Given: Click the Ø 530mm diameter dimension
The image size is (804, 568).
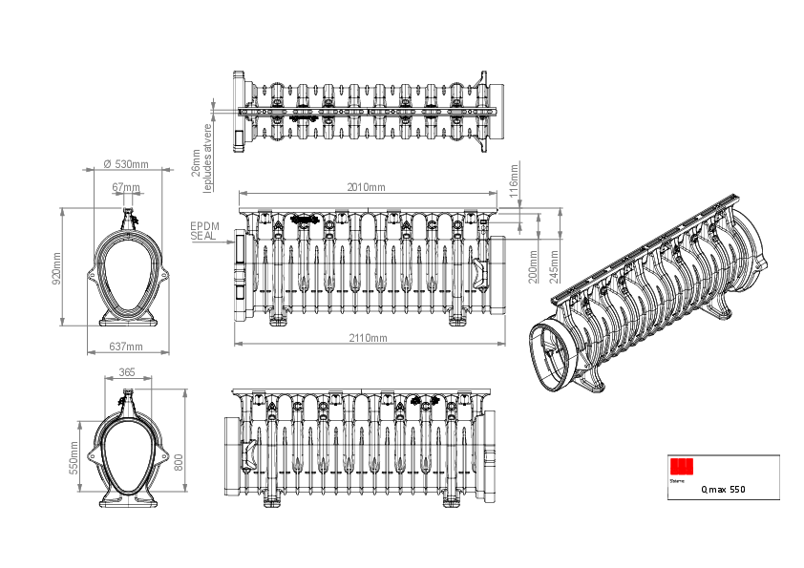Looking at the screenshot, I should tap(126, 165).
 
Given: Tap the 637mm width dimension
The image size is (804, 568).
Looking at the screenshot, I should tap(126, 347).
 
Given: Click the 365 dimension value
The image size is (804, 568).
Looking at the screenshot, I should tap(126, 371).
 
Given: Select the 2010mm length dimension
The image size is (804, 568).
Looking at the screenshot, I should tap(367, 187).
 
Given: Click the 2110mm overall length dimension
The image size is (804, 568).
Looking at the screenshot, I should tap(367, 338).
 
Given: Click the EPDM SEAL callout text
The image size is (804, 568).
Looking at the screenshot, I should tap(202, 230).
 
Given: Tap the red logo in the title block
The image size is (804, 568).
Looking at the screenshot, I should tap(682, 466).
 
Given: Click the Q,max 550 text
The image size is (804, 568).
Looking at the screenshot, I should tap(723, 490).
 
